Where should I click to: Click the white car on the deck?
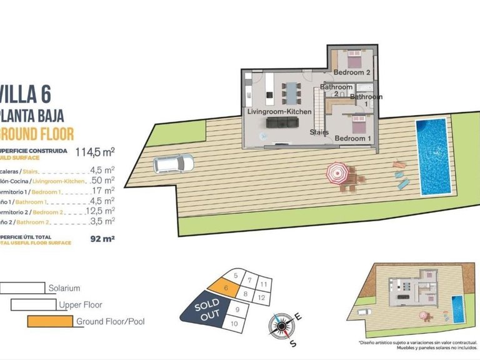click(173, 164)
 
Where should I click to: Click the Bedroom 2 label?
click(351, 72)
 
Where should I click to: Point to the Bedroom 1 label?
click(353, 138)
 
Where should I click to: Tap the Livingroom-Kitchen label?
click(279, 111)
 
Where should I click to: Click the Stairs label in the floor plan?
click(320, 132)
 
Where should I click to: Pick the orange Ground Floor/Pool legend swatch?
click(49, 322)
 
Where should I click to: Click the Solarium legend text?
click(64, 288)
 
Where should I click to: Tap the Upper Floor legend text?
click(80, 305)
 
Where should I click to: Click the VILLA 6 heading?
click(25, 96)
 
